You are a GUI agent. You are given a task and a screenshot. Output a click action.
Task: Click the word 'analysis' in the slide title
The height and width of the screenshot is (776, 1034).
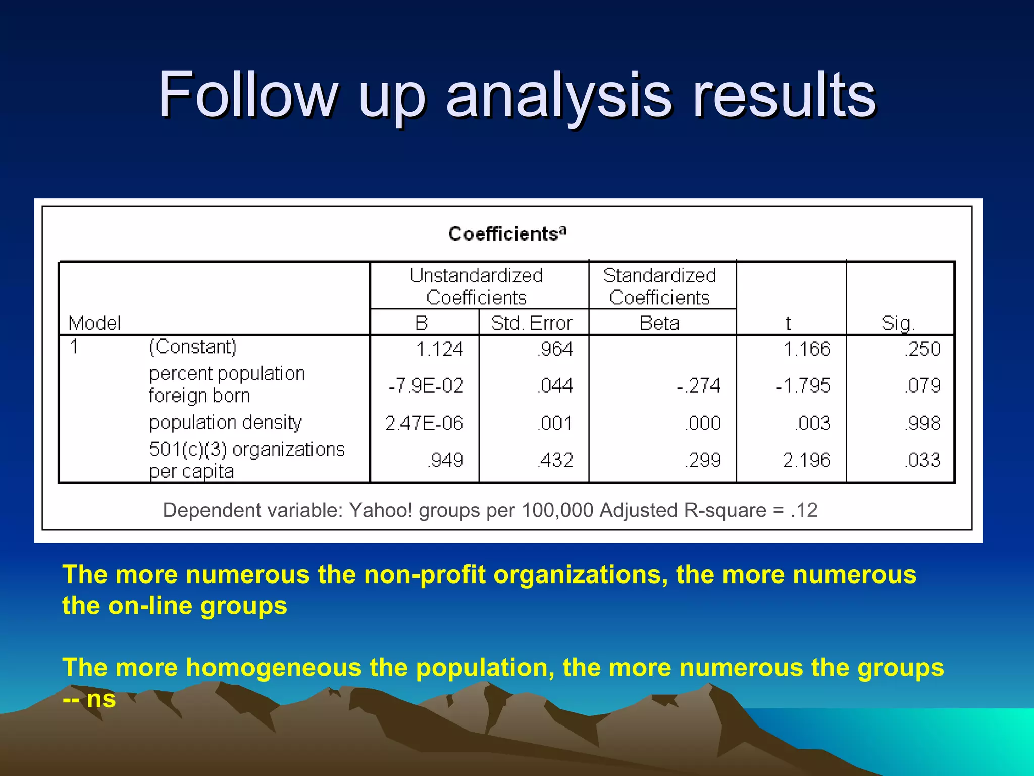pos(558,96)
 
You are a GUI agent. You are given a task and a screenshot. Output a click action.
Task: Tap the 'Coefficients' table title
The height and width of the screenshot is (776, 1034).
pos(507,234)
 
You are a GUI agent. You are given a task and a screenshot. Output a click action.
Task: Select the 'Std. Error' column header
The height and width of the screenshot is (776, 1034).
pos(532,323)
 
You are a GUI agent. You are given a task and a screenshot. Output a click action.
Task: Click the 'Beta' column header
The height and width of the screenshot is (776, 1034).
pos(659,323)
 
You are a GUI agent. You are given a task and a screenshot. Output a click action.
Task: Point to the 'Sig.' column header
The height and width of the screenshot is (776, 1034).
pos(898,323)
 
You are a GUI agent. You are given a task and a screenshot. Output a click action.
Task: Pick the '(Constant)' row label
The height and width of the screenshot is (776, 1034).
pos(193,347)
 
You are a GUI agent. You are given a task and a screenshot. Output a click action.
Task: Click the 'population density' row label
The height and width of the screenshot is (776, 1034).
pos(225,422)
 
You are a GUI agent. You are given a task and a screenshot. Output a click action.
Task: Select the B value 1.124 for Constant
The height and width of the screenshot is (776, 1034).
pos(439,349)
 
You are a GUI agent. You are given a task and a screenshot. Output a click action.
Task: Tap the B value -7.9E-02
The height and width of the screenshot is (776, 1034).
pos(426,386)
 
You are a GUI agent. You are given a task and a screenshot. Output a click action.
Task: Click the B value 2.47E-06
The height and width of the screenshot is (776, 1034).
pos(424,423)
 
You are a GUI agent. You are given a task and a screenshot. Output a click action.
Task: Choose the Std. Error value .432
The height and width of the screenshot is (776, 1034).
pos(555,460)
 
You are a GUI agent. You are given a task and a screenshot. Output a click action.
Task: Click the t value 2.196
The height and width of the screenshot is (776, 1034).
pos(806,460)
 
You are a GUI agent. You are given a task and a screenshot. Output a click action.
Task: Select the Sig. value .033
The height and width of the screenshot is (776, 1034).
pos(922,460)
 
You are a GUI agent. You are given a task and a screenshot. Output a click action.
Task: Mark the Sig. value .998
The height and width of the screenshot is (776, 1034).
pos(922,423)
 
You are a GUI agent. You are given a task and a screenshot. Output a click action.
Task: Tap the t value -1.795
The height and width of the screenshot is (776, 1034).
pos(803,386)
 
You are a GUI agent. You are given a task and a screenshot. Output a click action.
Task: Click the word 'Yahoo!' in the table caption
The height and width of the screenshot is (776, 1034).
pos(381,511)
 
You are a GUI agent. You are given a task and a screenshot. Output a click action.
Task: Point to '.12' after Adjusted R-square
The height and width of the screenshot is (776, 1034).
pos(804,511)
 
